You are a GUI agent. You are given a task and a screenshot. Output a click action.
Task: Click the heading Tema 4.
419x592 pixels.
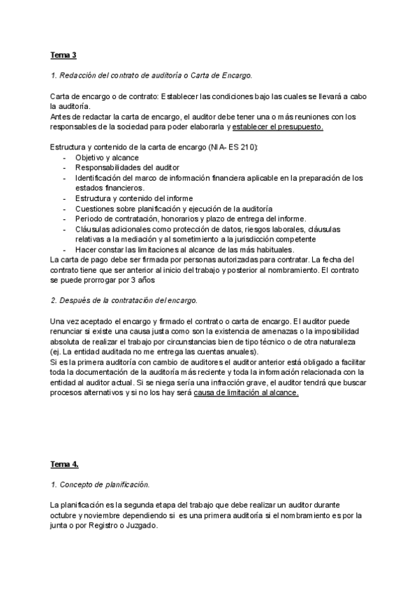coord(65,464)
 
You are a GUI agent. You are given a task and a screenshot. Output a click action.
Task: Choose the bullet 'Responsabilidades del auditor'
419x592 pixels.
coord(117,168)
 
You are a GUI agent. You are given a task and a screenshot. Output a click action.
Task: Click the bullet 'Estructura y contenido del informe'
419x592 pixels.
coord(124,198)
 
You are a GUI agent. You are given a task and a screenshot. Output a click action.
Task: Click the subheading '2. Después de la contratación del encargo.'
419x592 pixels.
coord(124,299)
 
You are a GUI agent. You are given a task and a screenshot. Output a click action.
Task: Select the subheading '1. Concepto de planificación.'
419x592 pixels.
coord(101,483)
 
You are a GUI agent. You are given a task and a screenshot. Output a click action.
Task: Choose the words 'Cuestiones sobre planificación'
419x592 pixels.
coord(124,208)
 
